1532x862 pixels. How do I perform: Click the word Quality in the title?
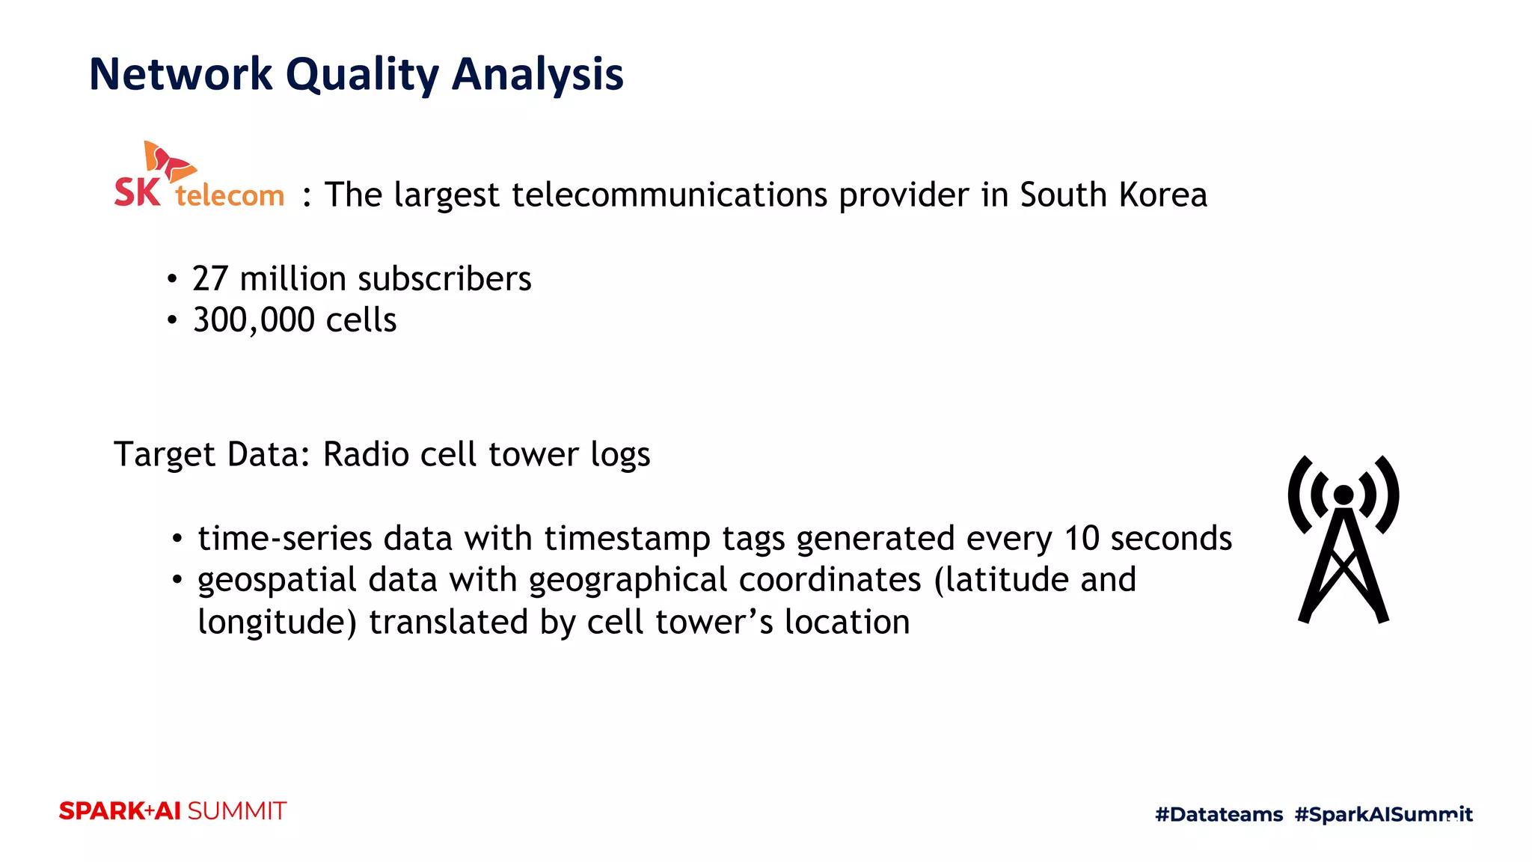click(x=362, y=75)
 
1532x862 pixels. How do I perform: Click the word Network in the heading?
click(x=180, y=74)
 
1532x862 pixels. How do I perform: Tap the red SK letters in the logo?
click(x=137, y=192)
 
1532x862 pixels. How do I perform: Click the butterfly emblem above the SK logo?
click(x=169, y=161)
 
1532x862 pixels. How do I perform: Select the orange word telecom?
click(x=230, y=195)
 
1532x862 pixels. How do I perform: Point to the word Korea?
click(x=1163, y=195)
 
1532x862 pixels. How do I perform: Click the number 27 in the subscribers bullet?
click(x=209, y=278)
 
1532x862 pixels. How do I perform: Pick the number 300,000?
click(x=254, y=320)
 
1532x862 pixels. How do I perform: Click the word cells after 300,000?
click(x=361, y=320)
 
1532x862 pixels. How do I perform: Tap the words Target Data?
click(x=212, y=454)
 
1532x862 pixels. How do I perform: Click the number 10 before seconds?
click(x=1082, y=539)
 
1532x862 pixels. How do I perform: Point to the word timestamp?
click(x=627, y=539)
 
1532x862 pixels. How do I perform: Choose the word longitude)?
click(x=277, y=623)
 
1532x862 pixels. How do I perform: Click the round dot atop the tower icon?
click(x=1343, y=495)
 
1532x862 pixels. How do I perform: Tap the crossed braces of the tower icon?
click(x=1343, y=572)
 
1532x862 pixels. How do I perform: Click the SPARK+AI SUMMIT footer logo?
click(x=173, y=811)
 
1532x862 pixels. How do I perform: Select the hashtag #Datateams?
click(x=1219, y=814)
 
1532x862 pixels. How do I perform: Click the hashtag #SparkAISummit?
click(x=1383, y=814)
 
